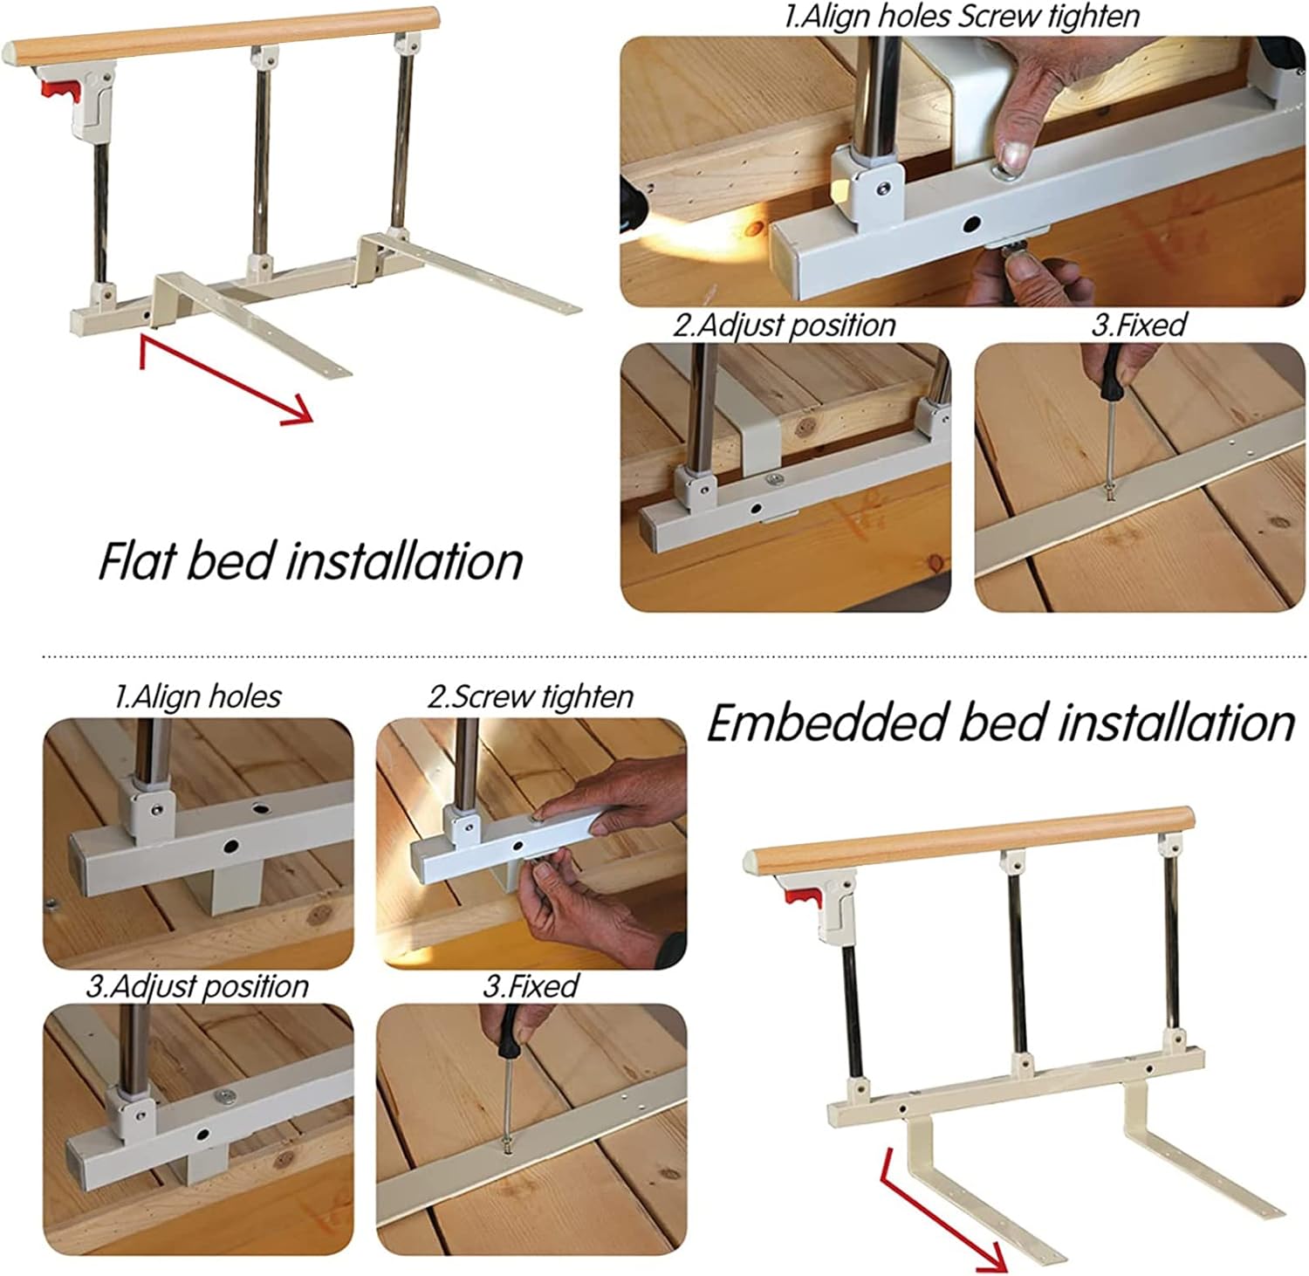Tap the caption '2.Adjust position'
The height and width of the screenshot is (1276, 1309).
point(785,326)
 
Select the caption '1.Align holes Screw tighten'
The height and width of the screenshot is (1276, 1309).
point(962,17)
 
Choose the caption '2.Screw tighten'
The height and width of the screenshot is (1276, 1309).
point(530,696)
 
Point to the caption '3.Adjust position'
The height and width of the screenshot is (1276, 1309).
point(197,986)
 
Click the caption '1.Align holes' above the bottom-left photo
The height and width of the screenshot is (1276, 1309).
point(198,696)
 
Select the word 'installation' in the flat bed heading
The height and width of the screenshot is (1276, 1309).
point(403,559)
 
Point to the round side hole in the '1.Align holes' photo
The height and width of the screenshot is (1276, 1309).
point(231,846)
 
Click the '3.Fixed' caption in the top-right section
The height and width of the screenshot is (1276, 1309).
point(1139,326)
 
